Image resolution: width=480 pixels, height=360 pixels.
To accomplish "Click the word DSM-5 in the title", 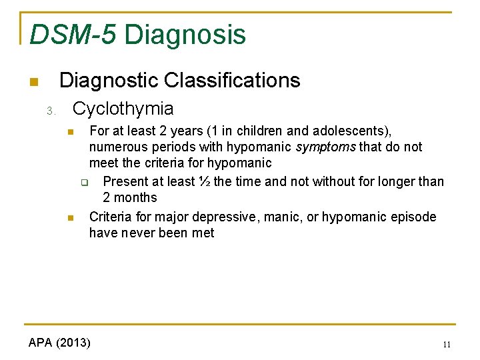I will tap(71, 35).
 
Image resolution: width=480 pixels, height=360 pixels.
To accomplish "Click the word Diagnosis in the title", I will tap(185, 35).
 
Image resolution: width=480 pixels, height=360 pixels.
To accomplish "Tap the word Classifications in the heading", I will tap(232, 81).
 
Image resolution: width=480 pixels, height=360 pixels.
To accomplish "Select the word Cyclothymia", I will tap(123, 109).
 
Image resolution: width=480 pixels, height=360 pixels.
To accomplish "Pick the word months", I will tap(136, 198).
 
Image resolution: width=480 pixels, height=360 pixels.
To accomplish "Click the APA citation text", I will tap(59, 343).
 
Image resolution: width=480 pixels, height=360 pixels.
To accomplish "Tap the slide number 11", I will tap(447, 345).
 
